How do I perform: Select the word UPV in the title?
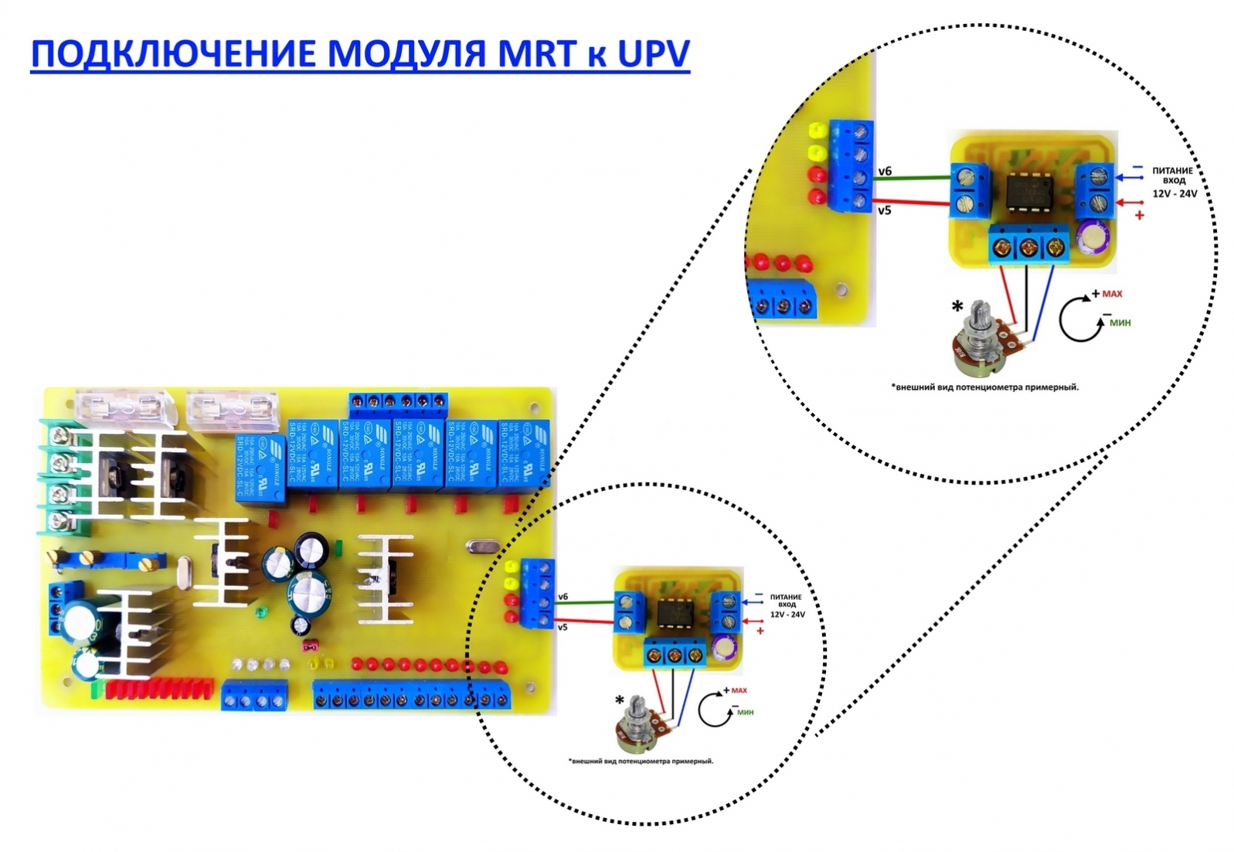pyautogui.click(x=652, y=54)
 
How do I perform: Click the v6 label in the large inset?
pyautogui.click(x=885, y=171)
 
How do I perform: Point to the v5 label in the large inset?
pyautogui.click(x=884, y=210)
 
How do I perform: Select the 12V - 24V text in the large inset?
pyautogui.click(x=1174, y=193)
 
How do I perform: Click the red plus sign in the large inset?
pyautogui.click(x=1139, y=216)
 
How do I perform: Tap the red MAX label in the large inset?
pyautogui.click(x=1112, y=294)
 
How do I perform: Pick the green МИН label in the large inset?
pyautogui.click(x=1120, y=322)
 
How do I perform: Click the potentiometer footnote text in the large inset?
pyautogui.click(x=984, y=387)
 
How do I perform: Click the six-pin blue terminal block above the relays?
pyautogui.click(x=398, y=401)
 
